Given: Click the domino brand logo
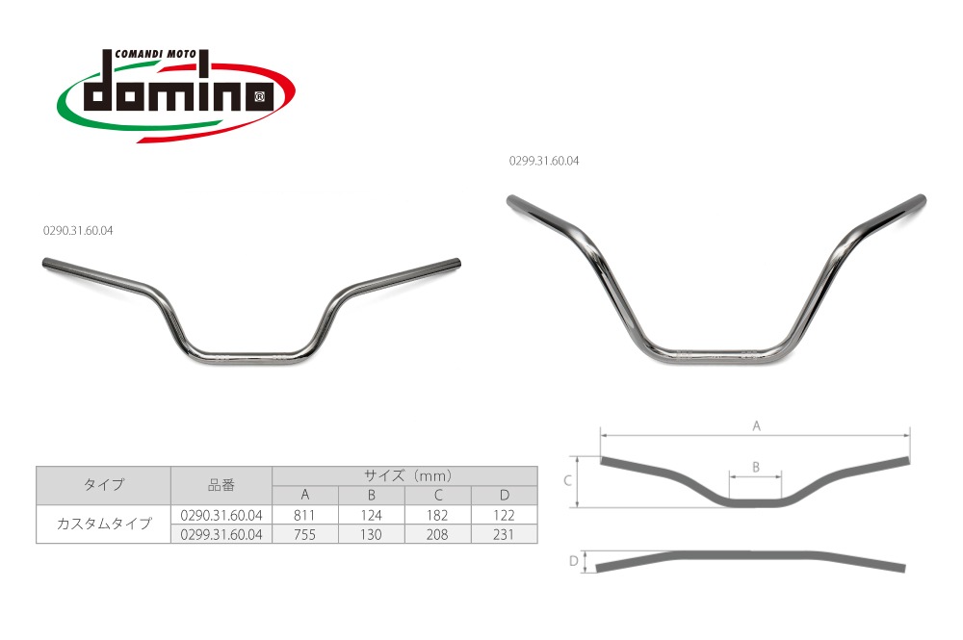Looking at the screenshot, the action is [175, 95].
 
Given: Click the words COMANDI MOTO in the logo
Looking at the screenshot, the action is [155, 54].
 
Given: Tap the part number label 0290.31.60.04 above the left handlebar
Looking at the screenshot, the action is [78, 231].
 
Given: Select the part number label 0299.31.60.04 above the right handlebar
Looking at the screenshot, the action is [544, 161].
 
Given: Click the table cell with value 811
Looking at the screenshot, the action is [304, 515].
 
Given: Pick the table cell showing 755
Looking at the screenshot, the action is [304, 534].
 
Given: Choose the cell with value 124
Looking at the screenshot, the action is [372, 515].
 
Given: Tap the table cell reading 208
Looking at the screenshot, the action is [438, 534].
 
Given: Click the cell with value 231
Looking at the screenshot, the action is [505, 534].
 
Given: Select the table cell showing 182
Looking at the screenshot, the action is [438, 515].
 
